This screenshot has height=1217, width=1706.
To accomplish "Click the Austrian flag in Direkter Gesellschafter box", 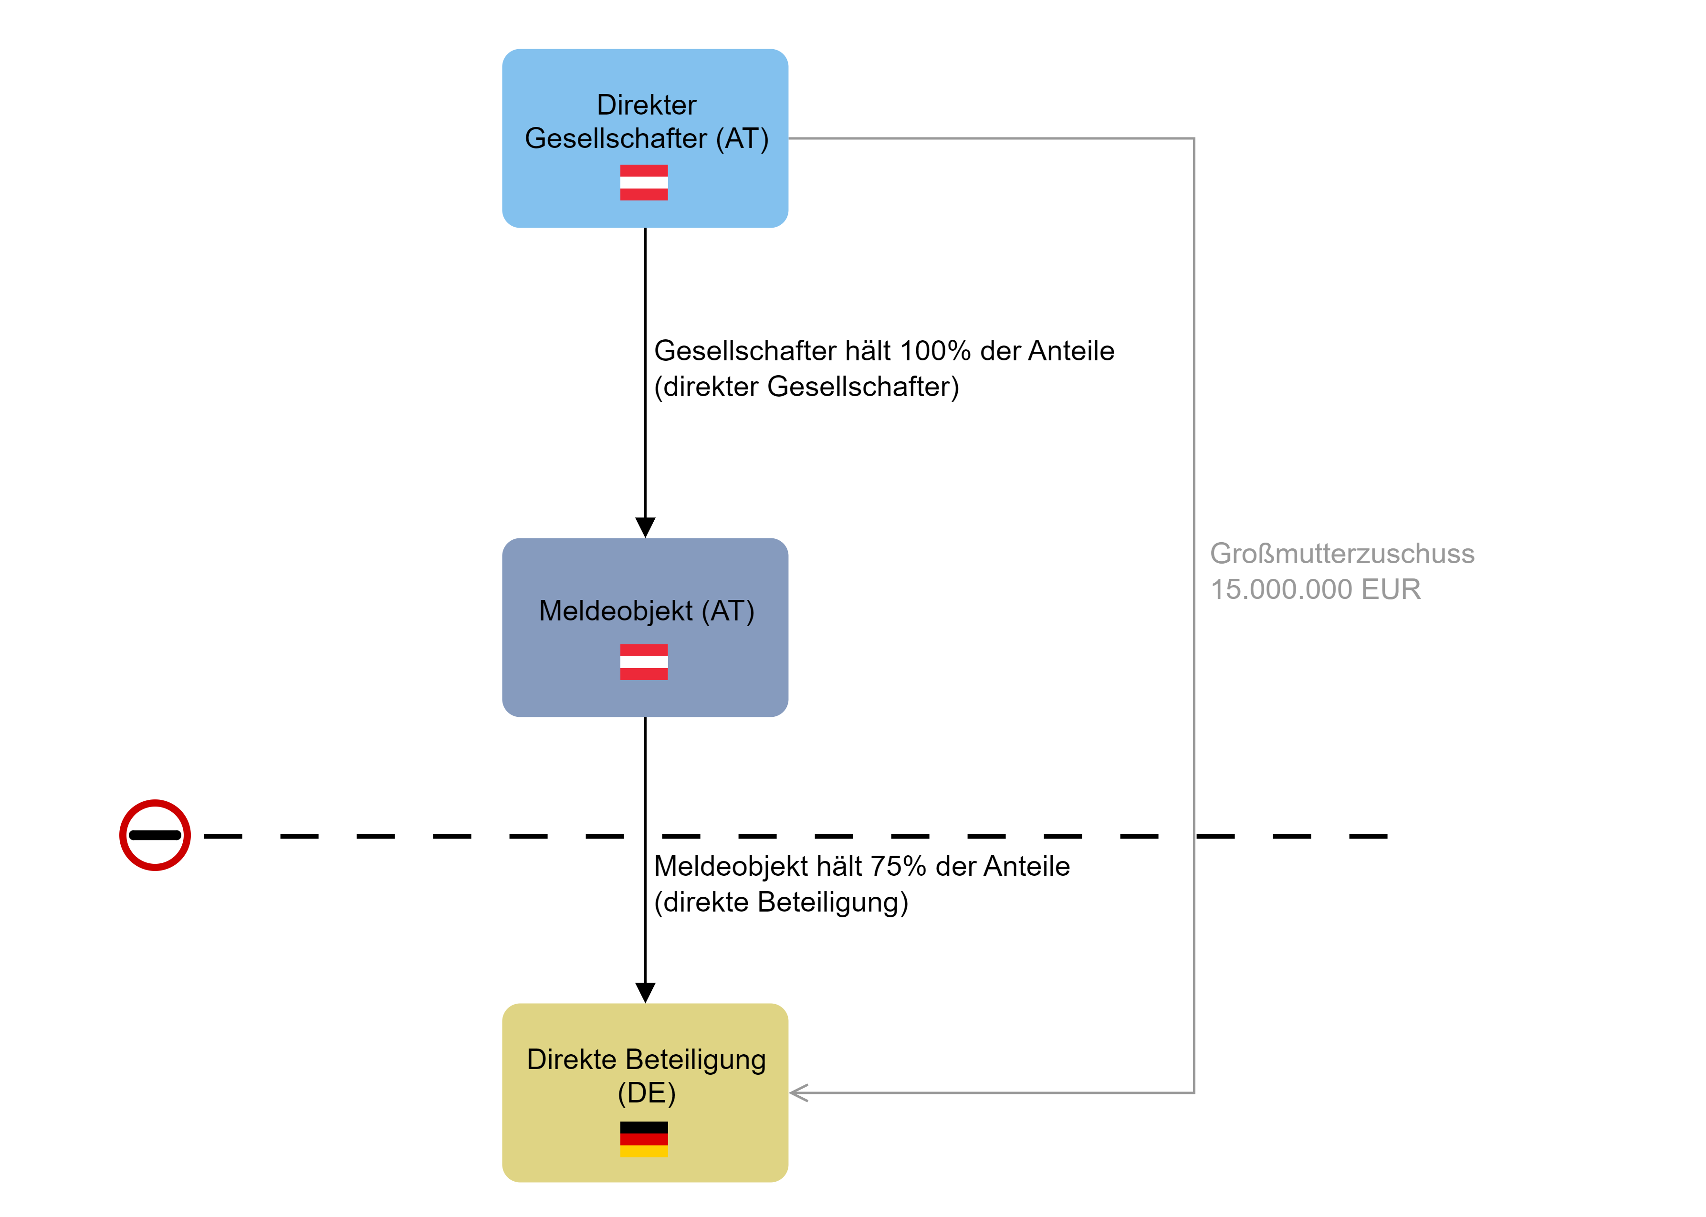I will [644, 182].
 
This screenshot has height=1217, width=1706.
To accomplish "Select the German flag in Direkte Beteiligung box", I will [644, 1139].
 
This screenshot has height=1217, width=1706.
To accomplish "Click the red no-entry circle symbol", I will [155, 835].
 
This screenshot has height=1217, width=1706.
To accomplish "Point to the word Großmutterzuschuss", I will [1342, 554].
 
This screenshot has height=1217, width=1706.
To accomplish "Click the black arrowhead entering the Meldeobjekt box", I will [645, 527].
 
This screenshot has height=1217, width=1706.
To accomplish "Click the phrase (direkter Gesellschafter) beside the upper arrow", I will [806, 387].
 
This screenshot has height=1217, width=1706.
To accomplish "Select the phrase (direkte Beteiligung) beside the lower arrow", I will [781, 902].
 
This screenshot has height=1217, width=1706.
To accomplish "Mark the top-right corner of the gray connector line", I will [1193, 138].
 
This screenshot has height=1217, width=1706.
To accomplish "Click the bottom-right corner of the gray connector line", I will [1193, 1092].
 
